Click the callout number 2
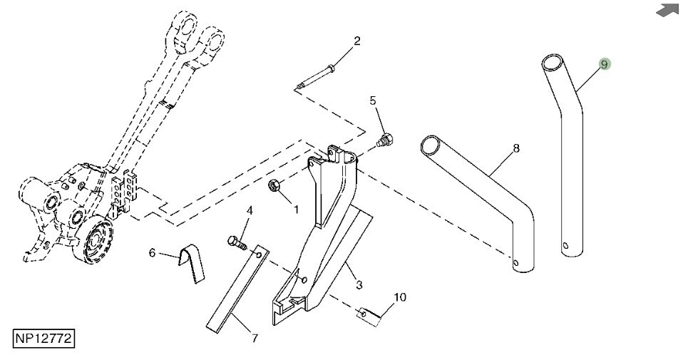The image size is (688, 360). click(357, 41)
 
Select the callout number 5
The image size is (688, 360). click(373, 101)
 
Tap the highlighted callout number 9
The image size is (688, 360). click(605, 64)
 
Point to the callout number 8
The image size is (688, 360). click(516, 149)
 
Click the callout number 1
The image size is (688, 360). click(296, 210)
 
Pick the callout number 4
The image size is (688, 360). click(250, 211)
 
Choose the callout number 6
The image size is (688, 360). click(153, 253)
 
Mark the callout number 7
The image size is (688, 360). click(255, 338)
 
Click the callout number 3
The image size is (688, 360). click(359, 285)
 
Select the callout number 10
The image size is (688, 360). click(400, 297)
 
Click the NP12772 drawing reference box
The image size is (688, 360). click(43, 339)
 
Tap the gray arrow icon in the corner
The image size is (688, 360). click(667, 10)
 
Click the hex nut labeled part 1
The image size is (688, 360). click(274, 186)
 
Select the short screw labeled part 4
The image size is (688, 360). click(237, 242)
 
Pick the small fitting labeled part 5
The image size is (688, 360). click(385, 140)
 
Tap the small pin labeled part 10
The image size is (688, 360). click(369, 317)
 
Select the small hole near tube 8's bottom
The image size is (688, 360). click(515, 263)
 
